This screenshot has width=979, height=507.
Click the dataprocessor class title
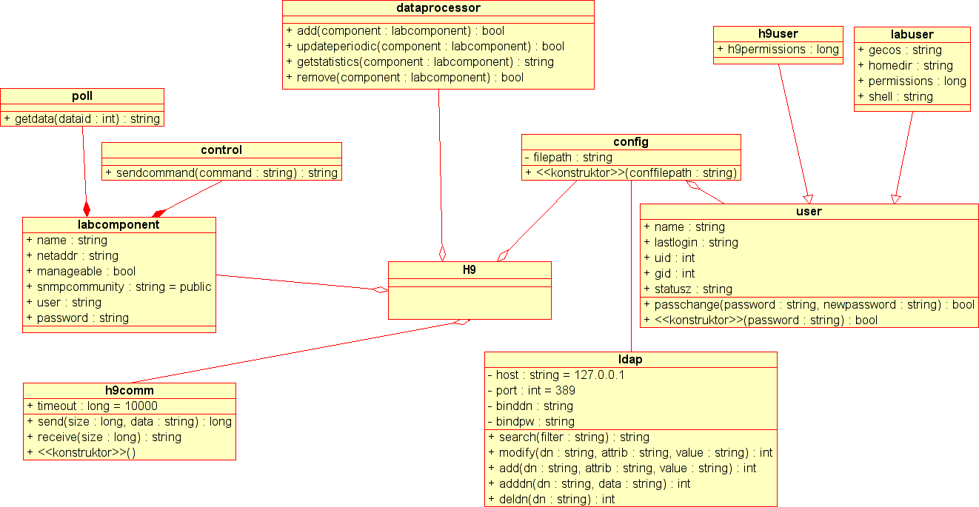438,8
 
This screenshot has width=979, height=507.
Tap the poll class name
82,96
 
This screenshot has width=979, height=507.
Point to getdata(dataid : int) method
82,118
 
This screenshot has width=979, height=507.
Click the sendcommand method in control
221,173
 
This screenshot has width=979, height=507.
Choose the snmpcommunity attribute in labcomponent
119,287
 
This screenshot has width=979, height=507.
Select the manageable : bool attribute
81,271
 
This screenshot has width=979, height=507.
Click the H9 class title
470,270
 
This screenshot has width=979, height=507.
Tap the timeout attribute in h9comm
92,406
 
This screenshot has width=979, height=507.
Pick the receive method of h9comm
104,437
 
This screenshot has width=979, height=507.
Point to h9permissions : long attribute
778,50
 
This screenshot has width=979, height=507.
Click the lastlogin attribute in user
691,242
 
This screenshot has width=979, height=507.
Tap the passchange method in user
809,305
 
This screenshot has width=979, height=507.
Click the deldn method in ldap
552,499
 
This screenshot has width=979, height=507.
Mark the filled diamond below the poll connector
87,209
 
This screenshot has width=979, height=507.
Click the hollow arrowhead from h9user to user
809,199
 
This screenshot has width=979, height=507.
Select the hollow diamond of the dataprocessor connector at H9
442,253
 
